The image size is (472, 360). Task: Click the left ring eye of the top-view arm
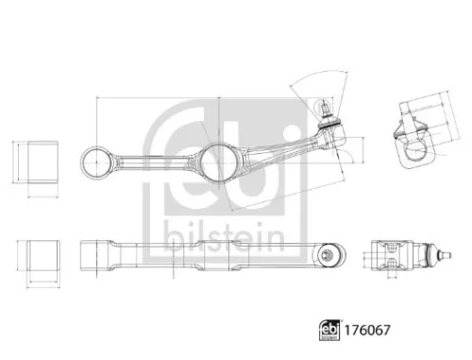click(98, 163)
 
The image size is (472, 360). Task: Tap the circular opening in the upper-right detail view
click(414, 148)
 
